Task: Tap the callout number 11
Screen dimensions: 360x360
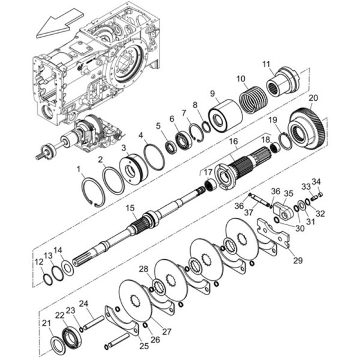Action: [266, 64]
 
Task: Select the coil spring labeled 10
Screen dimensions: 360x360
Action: [253, 99]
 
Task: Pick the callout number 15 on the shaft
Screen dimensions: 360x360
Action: [130, 209]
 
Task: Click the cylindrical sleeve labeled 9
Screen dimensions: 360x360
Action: [225, 116]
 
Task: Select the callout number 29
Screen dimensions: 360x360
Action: [298, 260]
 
